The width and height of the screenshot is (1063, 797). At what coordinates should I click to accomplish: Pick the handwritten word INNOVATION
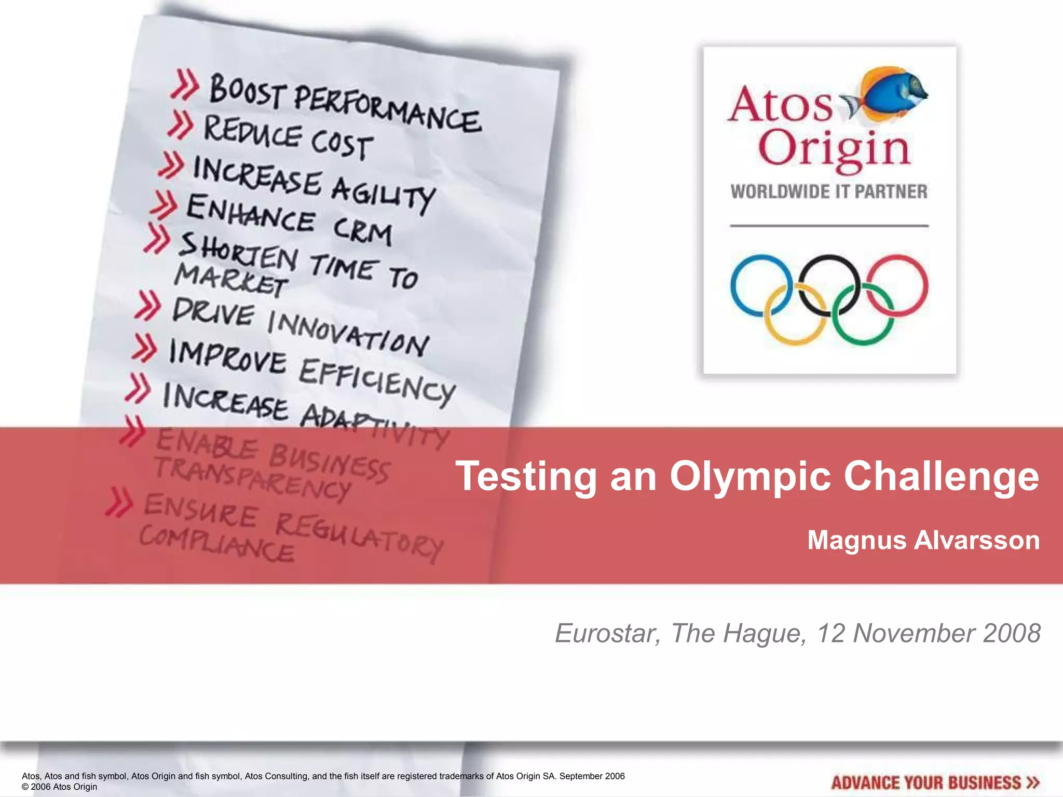coord(348,332)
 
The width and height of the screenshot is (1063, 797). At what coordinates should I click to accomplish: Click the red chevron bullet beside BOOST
coord(185,85)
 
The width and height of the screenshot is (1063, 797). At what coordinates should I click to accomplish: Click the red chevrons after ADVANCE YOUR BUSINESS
coord(1032,782)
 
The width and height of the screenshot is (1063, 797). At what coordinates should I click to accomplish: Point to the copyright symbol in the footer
coord(25,787)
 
